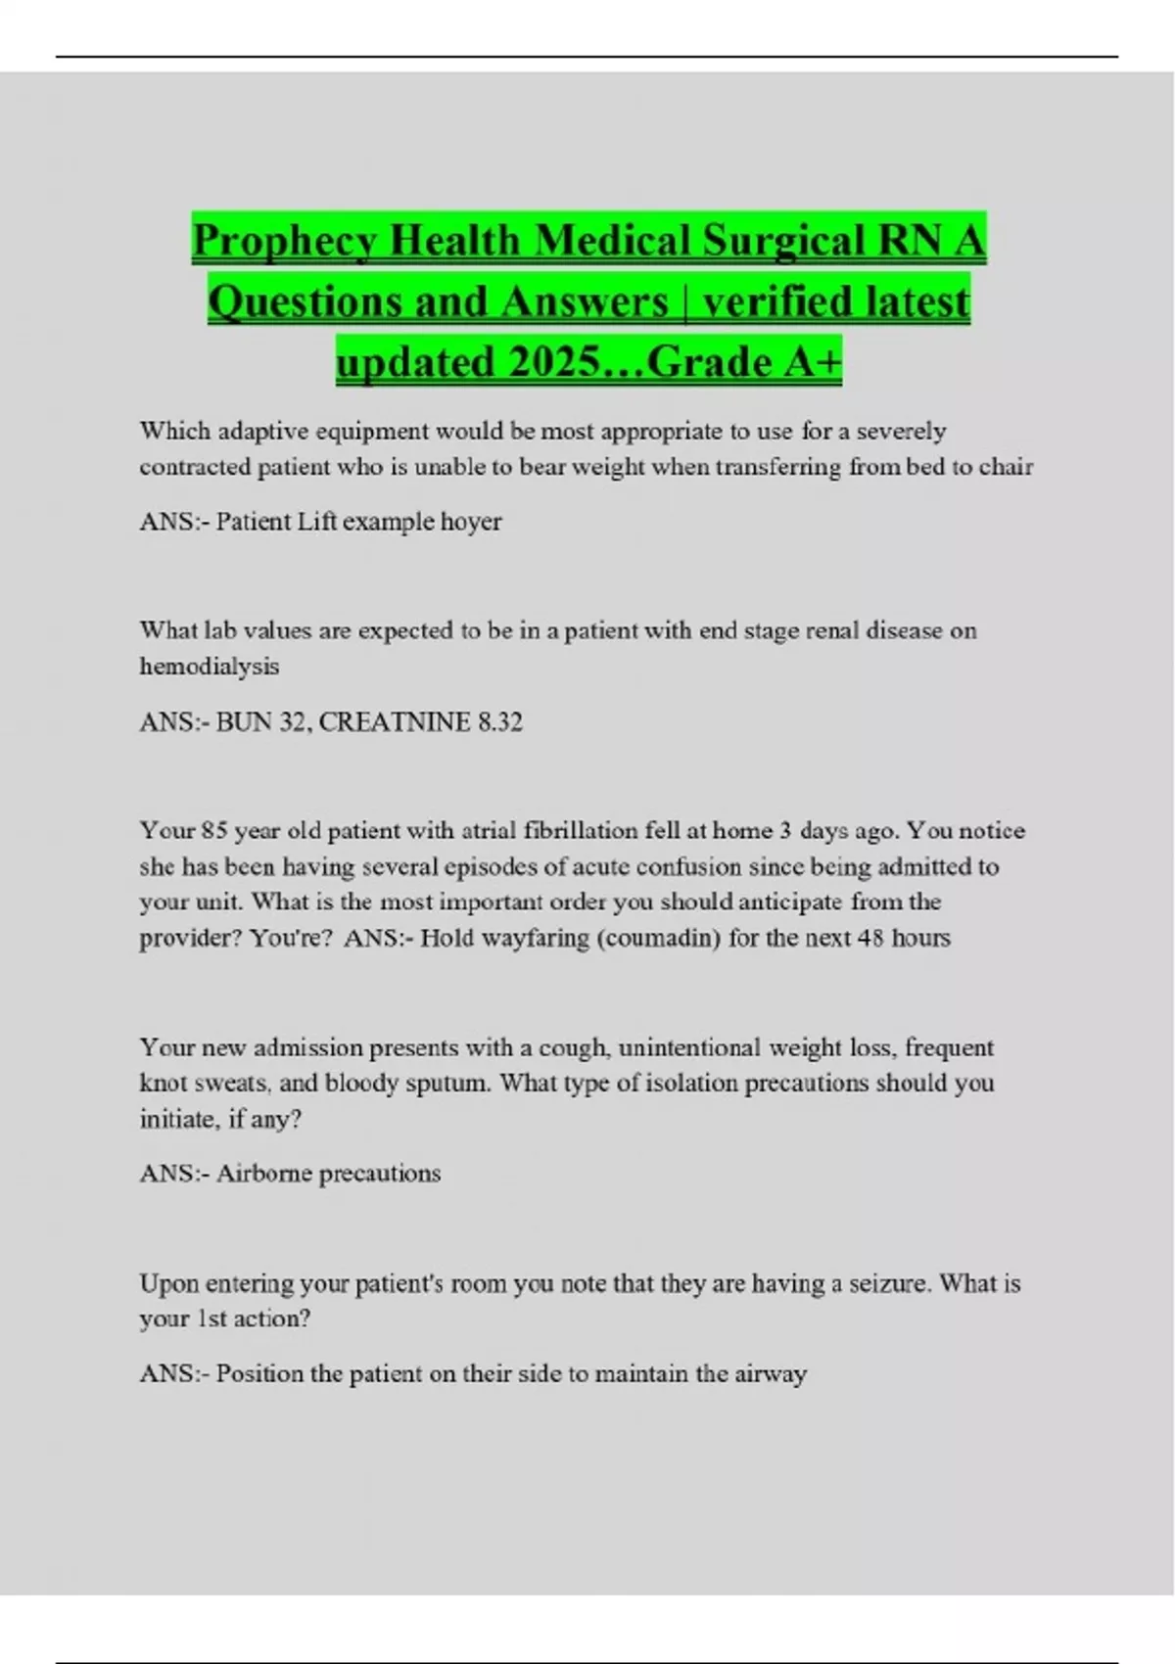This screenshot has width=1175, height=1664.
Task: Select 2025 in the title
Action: click(x=554, y=363)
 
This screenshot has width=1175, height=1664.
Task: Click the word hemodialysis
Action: click(x=210, y=667)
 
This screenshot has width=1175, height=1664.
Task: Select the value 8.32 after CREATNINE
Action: click(x=499, y=722)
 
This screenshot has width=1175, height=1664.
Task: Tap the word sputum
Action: click(x=451, y=1084)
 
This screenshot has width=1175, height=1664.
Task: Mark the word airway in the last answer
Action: click(x=772, y=1374)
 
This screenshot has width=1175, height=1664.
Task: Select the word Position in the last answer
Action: click(x=259, y=1374)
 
